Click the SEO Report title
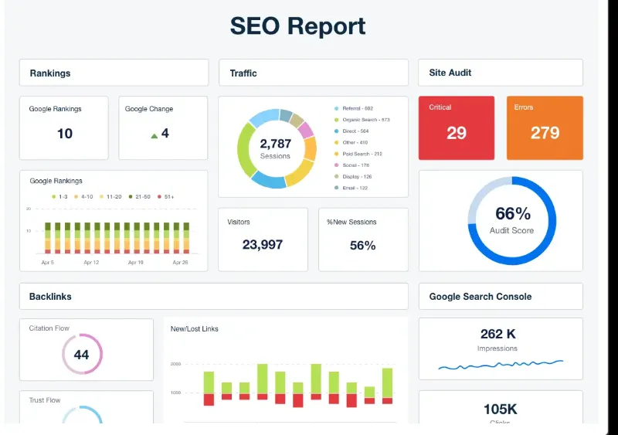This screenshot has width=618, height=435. (x=297, y=26)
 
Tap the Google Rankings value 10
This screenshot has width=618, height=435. (x=65, y=134)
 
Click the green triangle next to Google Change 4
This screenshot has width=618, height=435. (x=154, y=135)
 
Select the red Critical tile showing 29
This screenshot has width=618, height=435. (x=456, y=127)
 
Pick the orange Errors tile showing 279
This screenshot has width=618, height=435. (x=545, y=127)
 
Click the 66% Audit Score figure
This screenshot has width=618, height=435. (x=512, y=214)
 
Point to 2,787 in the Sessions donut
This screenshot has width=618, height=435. (x=275, y=144)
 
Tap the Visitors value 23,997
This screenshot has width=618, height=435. (x=263, y=245)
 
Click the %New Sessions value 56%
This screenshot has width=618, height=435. (x=362, y=246)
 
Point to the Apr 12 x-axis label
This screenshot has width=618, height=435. (x=91, y=263)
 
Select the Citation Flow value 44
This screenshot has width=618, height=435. (x=81, y=355)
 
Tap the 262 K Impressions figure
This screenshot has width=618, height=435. (x=497, y=335)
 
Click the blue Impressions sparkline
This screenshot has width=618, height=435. (x=500, y=364)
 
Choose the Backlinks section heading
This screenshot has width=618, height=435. (x=50, y=297)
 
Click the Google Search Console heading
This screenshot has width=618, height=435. (x=480, y=297)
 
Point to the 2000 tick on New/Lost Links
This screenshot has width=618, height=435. (x=175, y=363)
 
